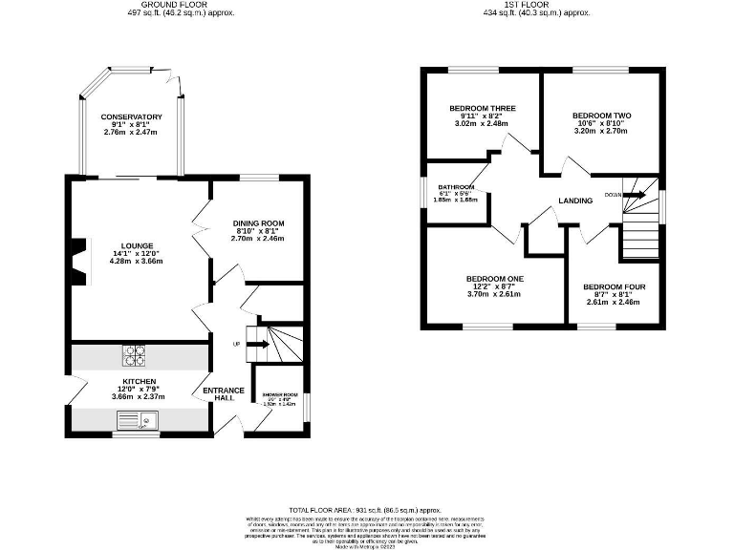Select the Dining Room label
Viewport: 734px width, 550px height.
pyautogui.click(x=259, y=223)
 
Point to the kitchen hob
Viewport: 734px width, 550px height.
pyautogui.click(x=133, y=355)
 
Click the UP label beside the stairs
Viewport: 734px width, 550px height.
pyautogui.click(x=236, y=344)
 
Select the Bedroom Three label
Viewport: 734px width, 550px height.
pyautogui.click(x=483, y=109)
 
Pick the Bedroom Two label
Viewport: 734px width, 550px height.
pyautogui.click(x=602, y=116)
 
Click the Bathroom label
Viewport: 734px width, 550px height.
pyautogui.click(x=456, y=187)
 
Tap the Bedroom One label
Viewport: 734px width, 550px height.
pyautogui.click(x=495, y=279)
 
